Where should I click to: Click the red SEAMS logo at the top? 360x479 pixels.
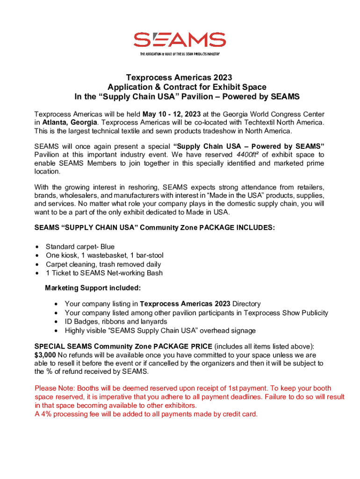pyautogui.click(x=180, y=40)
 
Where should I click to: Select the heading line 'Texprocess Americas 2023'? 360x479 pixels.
pyautogui.click(x=180, y=77)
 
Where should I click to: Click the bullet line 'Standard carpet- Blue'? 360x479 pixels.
pyautogui.click(x=80, y=247)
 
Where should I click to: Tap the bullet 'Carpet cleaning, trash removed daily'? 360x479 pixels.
pyautogui.click(x=103, y=264)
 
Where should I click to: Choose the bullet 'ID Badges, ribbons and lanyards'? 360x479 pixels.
pyautogui.click(x=115, y=322)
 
